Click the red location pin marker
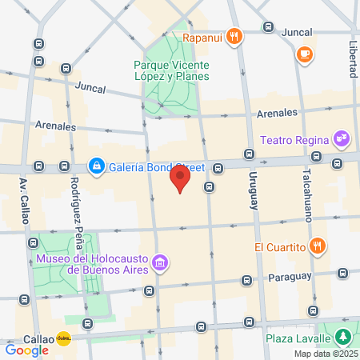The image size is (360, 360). click(181, 178)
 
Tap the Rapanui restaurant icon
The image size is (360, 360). click(234, 35)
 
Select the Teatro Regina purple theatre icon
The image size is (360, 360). click(342, 138)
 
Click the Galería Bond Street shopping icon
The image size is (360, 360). click(96, 166)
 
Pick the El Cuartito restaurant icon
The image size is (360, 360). click(318, 246)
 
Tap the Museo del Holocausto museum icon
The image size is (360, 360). click(160, 262)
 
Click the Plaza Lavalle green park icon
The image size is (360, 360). click(343, 336)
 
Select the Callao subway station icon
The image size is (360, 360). click(63, 338)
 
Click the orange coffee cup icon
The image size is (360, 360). click(304, 54)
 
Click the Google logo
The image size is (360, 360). click(26, 349)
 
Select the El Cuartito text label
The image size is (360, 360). click(280, 246)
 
